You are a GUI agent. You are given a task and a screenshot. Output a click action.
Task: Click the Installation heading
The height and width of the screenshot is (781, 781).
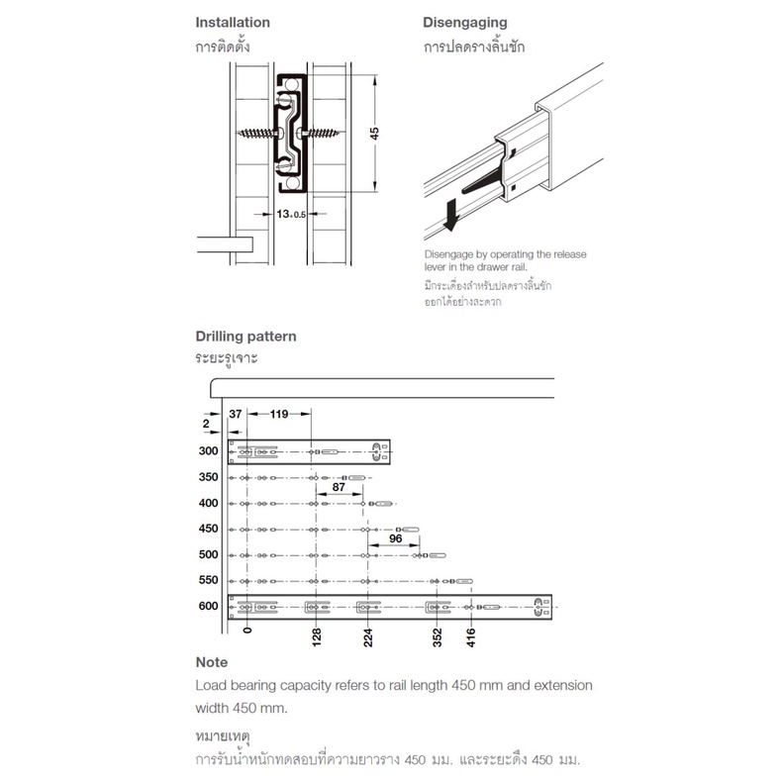click(233, 23)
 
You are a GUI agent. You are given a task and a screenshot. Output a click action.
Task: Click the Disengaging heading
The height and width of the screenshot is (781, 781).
click(464, 23)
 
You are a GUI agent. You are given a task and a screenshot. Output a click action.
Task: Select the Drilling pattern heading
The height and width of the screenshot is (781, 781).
click(245, 337)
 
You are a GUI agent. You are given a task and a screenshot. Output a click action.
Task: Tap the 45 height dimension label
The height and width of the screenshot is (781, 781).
click(374, 133)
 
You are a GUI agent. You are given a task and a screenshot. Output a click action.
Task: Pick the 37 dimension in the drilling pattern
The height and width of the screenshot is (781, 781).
click(236, 414)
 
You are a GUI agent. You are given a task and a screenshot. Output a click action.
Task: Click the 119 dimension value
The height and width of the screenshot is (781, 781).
click(279, 414)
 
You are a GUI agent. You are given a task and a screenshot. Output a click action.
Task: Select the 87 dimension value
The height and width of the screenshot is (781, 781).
click(339, 487)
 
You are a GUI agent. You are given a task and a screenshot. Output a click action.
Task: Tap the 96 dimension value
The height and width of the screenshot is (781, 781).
click(396, 538)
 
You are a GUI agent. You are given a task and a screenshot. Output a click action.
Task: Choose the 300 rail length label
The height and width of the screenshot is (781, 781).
click(208, 450)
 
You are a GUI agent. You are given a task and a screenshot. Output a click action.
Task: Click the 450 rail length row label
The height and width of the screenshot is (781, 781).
click(208, 529)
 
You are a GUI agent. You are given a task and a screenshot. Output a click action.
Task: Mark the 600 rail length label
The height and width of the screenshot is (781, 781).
click(208, 606)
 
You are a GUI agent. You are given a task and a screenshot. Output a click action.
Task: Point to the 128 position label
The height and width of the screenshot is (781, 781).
click(317, 637)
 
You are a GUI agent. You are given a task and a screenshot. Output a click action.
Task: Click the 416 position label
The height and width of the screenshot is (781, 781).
click(471, 637)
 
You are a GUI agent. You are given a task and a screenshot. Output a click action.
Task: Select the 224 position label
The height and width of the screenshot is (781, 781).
click(368, 637)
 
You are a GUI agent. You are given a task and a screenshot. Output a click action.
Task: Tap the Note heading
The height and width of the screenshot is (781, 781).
click(212, 662)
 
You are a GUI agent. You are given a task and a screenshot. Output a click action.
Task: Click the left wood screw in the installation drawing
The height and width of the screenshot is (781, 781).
click(256, 133)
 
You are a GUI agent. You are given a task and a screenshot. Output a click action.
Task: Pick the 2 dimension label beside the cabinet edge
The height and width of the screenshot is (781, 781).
click(206, 424)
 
